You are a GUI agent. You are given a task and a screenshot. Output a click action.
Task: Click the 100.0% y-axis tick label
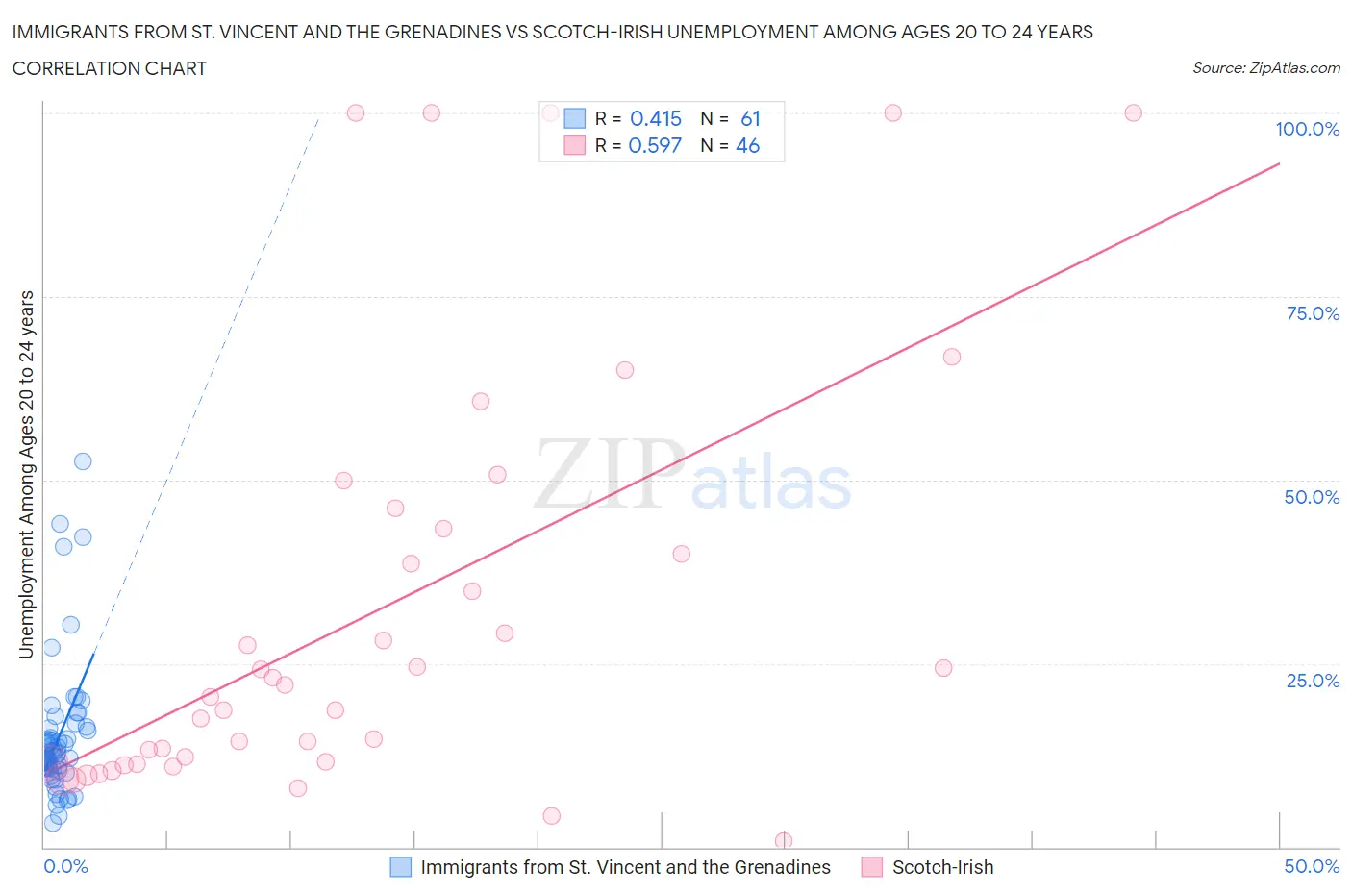pyautogui.click(x=1307, y=129)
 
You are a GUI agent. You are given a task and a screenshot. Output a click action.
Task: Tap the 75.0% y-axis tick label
pyautogui.click(x=1313, y=313)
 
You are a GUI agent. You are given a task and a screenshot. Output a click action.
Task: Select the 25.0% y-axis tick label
pyautogui.click(x=1313, y=681)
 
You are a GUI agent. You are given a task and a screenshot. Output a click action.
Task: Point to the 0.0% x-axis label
pyautogui.click(x=65, y=866)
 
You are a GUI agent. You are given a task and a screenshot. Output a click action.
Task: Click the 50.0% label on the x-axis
pyautogui.click(x=1312, y=866)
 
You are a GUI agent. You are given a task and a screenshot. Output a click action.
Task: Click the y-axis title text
pyautogui.click(x=26, y=475)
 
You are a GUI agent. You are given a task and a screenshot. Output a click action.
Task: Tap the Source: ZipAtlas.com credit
pyautogui.click(x=1265, y=68)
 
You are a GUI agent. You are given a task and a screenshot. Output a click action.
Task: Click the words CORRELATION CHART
pyautogui.click(x=110, y=68)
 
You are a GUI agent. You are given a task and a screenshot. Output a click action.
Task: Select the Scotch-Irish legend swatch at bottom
pyautogui.click(x=872, y=867)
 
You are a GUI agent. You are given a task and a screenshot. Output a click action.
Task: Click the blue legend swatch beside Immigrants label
pyautogui.click(x=400, y=867)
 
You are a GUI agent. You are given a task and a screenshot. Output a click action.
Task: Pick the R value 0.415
pyautogui.click(x=655, y=118)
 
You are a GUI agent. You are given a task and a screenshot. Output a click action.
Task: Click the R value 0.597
pyautogui.click(x=654, y=145)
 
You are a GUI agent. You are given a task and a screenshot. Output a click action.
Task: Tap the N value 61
pyautogui.click(x=750, y=118)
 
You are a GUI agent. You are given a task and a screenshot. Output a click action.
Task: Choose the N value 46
pyautogui.click(x=747, y=145)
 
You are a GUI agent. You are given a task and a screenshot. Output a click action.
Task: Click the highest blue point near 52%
pyautogui.click(x=83, y=461)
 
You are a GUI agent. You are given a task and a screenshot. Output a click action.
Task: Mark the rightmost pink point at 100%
pyautogui.click(x=1133, y=112)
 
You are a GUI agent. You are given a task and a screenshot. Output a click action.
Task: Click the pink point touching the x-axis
pyautogui.click(x=784, y=841)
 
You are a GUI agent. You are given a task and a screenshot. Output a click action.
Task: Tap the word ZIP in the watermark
pyautogui.click(x=609, y=474)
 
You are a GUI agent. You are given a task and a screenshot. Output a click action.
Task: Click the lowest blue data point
pyautogui.click(x=53, y=823)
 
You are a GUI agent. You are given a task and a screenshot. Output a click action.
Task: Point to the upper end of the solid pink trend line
pyautogui.click(x=1279, y=163)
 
